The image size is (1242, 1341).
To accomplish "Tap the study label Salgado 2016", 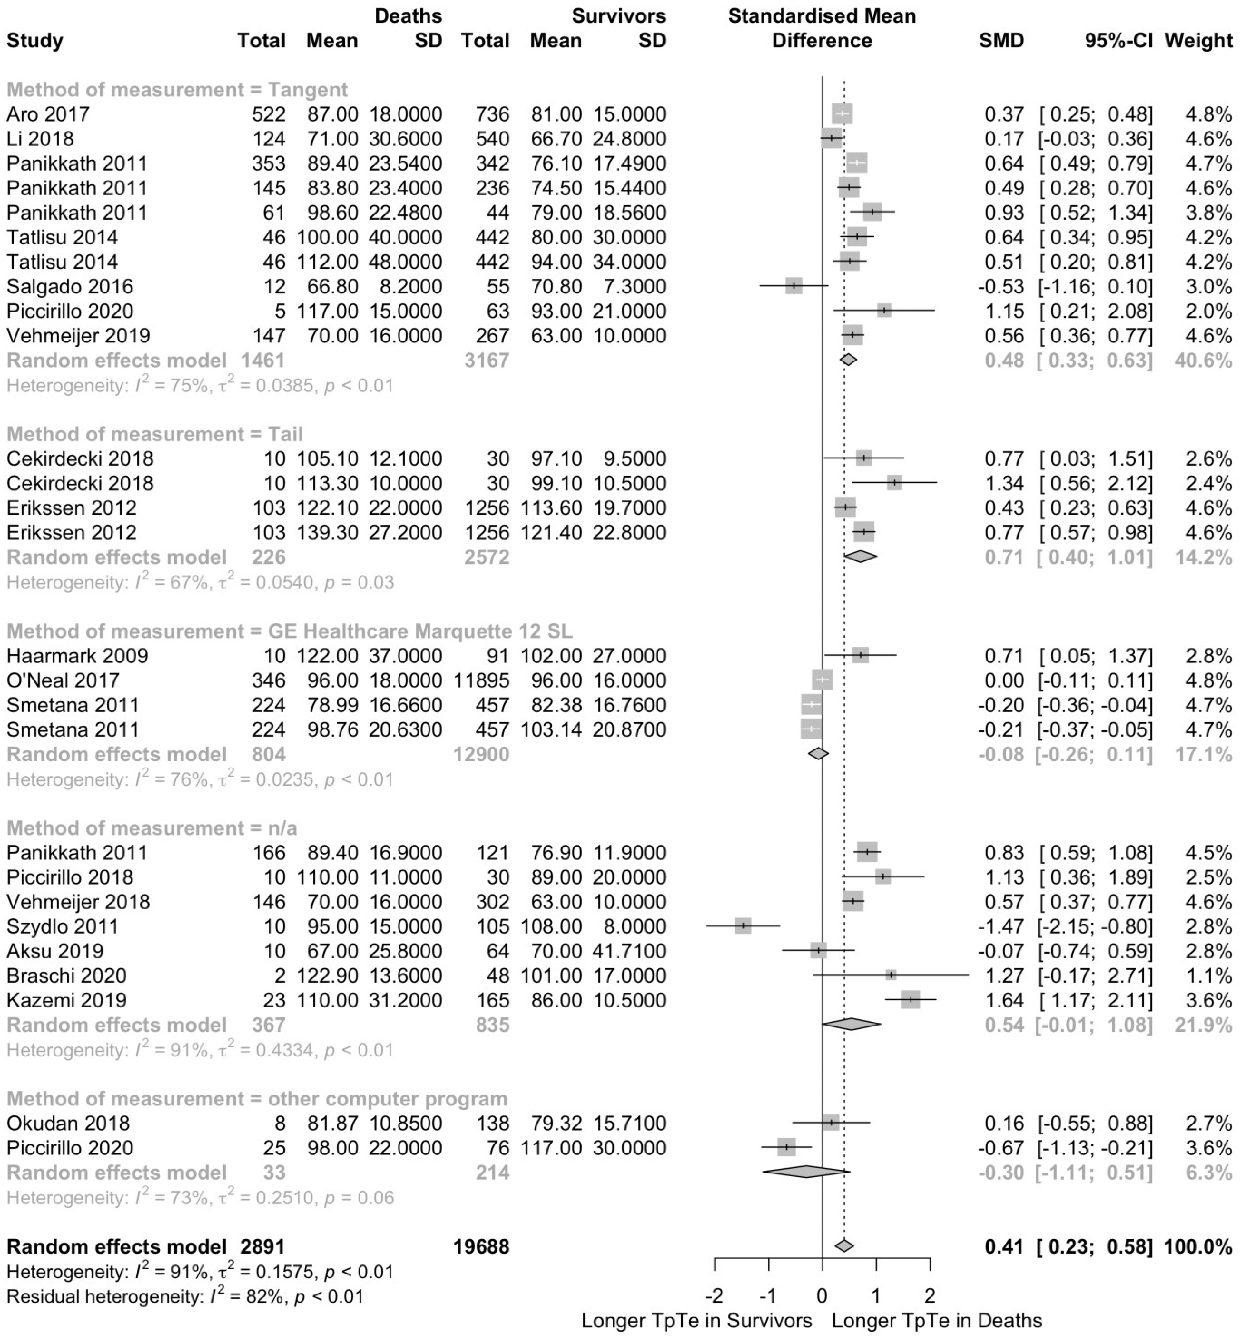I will point(70,286).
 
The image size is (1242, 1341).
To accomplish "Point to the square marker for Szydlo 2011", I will point(743,926).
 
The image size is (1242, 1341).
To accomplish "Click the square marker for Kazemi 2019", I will point(911,1000).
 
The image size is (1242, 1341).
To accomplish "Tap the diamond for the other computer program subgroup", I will point(806,1172).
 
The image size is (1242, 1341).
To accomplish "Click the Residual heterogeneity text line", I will point(185,1296).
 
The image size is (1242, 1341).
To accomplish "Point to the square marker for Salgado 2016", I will point(794,286).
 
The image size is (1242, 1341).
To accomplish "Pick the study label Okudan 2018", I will point(68,1123).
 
